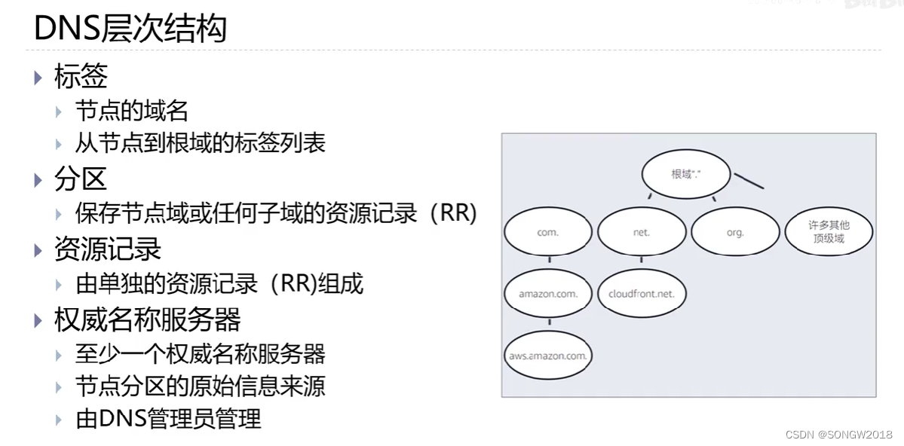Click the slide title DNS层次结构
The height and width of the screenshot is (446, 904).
[130, 29]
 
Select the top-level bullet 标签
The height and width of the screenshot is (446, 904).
[81, 76]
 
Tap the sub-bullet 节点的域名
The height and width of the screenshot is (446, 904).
[131, 111]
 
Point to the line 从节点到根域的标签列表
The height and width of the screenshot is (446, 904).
[200, 143]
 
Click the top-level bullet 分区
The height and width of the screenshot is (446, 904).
[81, 179]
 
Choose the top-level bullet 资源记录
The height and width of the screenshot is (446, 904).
[108, 249]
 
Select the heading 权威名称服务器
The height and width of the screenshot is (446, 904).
[147, 319]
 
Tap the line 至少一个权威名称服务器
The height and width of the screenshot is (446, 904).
[200, 353]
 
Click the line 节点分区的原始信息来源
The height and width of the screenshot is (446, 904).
[200, 386]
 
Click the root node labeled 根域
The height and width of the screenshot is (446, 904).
[687, 174]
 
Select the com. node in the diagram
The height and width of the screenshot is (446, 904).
[548, 233]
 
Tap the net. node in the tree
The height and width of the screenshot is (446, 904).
[642, 233]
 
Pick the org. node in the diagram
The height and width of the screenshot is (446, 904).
[735, 233]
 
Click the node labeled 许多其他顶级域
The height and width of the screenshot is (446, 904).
[829, 232]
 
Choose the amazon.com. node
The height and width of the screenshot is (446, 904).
[548, 294]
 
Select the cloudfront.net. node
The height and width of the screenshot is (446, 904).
[642, 294]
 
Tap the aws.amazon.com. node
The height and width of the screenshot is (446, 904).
[548, 356]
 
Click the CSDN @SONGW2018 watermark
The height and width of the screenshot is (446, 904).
[838, 435]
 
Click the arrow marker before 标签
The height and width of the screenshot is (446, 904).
[39, 77]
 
